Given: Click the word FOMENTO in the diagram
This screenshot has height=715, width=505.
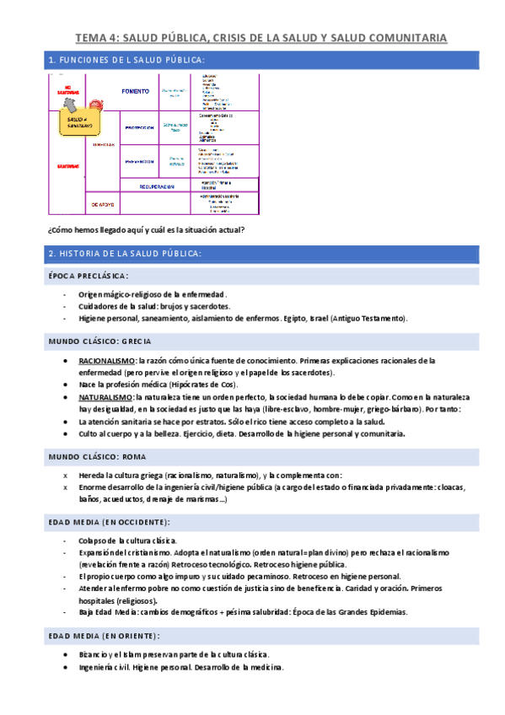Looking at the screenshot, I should (135, 91).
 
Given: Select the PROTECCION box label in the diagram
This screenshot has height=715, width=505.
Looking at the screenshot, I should (140, 127).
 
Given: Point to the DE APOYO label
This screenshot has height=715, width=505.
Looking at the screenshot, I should (103, 204).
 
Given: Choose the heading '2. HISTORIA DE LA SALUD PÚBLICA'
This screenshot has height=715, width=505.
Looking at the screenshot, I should (125, 253).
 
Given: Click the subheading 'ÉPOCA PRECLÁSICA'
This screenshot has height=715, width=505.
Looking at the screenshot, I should (87, 276).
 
